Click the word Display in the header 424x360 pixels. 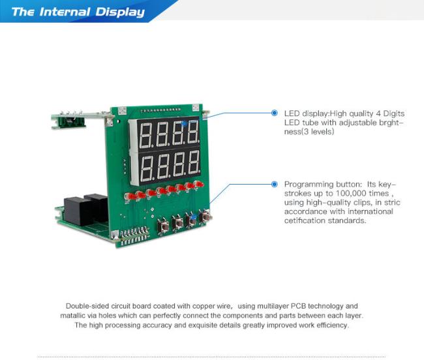[120, 12]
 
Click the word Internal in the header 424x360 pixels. [65, 12]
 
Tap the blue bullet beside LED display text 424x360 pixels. [275, 113]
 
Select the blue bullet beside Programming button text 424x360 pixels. [275, 185]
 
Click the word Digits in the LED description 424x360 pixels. [394, 113]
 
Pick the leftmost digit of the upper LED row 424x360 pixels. [145, 135]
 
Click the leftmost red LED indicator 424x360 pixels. [129, 196]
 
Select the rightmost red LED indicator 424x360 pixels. [200, 185]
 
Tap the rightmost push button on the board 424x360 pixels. [205, 217]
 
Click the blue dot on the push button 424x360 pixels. [193, 217]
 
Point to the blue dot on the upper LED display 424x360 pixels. [185, 124]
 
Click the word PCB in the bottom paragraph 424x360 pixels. [298, 306]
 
